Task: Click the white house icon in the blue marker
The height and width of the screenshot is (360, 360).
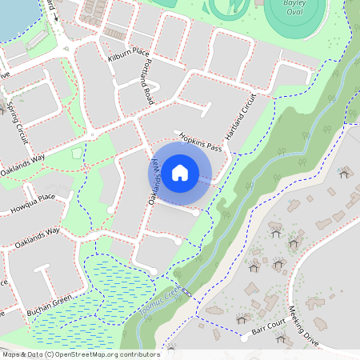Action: [181, 171]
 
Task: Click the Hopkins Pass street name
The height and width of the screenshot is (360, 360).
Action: [199, 142]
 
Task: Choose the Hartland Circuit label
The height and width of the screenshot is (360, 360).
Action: [241, 118]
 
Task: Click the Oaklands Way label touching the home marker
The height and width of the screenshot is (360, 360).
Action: [155, 180]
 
